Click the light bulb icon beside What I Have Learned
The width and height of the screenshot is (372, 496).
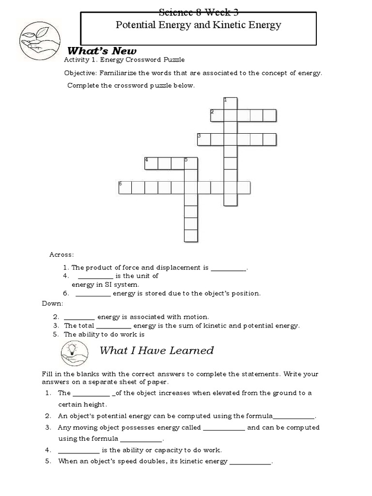coord(75,352)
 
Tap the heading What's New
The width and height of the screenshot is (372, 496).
coord(102,51)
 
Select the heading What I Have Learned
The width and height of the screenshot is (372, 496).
coord(156,350)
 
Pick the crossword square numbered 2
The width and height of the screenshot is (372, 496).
coord(217,115)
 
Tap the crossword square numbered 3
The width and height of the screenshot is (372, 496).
coord(204,139)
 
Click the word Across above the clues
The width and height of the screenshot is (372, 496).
coord(61,254)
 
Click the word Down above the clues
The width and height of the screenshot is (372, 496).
coord(52,304)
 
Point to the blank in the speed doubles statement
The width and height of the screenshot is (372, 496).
coord(250,462)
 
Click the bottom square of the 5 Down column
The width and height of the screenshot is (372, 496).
coord(191,236)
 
